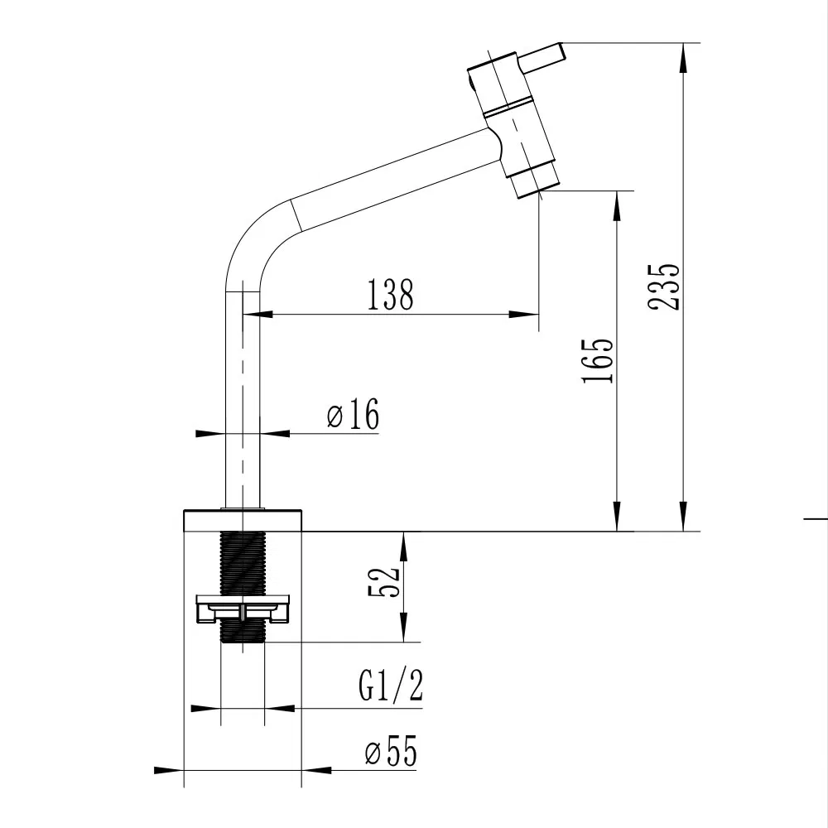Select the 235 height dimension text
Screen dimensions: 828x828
664,286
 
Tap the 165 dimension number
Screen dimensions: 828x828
597,360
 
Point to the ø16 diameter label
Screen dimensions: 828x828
353,414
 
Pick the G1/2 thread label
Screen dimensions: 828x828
391,686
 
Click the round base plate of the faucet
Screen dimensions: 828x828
243,521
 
